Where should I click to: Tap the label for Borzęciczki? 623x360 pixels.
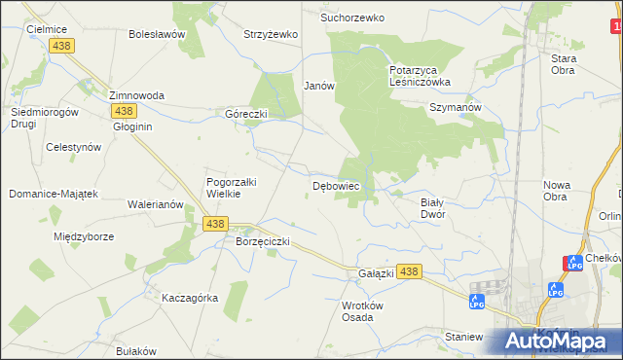(263, 240)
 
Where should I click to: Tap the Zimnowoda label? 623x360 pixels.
(136, 95)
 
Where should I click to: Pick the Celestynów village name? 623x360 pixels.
(74, 147)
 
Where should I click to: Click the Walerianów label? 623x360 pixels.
(156, 205)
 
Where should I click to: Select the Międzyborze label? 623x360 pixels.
(85, 235)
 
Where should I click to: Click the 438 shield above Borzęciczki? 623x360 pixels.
(216, 224)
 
